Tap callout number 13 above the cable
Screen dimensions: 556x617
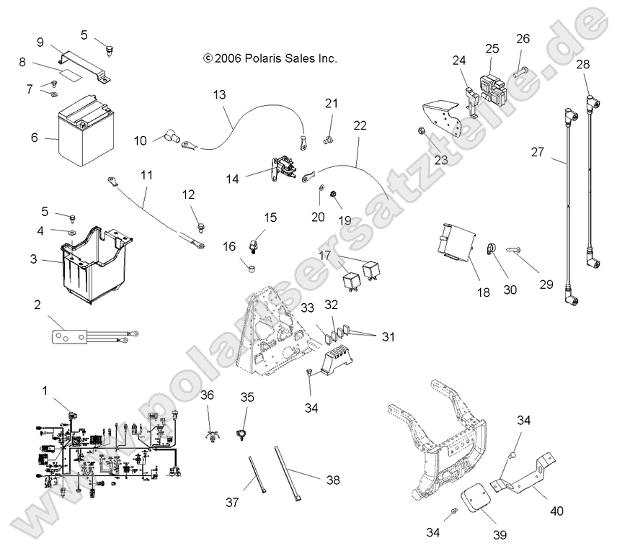tap(219, 94)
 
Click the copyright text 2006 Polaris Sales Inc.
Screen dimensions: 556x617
tap(270, 58)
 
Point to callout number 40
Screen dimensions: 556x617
tap(556, 511)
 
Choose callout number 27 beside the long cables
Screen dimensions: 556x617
tap(536, 153)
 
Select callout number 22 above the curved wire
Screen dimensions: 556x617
tap(360, 126)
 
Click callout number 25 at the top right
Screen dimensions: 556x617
tap(492, 49)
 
